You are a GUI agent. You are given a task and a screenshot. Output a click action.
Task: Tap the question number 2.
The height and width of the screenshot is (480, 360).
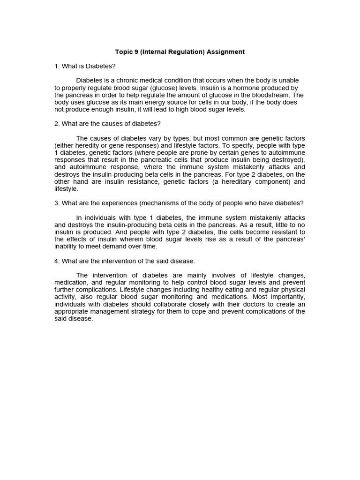click(x=56, y=124)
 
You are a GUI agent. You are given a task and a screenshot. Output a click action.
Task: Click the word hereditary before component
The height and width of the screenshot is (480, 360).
click(x=244, y=181)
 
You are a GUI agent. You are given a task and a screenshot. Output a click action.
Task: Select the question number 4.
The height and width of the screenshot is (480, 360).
click(x=56, y=261)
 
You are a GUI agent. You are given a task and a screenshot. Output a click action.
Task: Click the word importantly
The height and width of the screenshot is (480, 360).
click(x=287, y=297)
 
